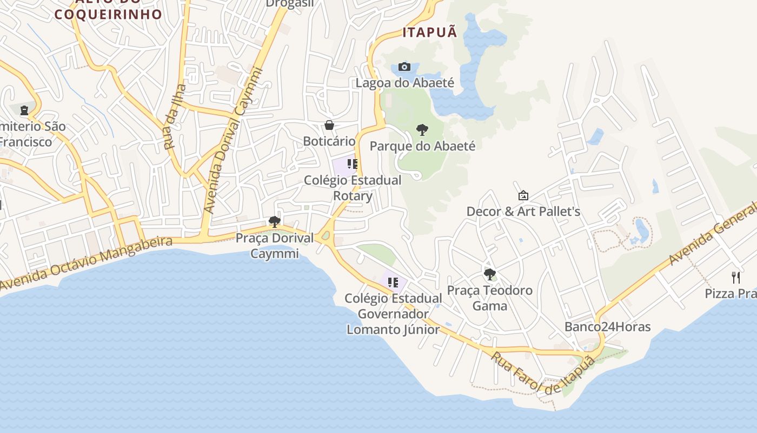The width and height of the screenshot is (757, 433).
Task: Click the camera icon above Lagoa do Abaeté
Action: [404, 67]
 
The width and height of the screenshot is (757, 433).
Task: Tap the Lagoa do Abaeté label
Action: [404, 83]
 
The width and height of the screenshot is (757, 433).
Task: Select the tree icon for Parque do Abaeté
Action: [422, 130]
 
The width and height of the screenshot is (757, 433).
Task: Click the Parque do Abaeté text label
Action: [422, 146]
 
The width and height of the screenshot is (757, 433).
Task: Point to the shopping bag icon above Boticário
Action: [329, 126]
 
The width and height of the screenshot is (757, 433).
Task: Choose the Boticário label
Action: [329, 141]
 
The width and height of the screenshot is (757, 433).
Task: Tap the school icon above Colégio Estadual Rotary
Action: [353, 164]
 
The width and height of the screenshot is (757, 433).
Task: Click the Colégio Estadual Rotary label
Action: [353, 188]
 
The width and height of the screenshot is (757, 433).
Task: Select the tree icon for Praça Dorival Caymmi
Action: [275, 222]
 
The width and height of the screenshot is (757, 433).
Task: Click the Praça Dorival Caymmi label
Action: [275, 245]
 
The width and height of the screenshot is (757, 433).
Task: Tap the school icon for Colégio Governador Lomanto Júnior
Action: [393, 283]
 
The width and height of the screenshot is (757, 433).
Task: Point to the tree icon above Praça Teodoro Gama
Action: [490, 274]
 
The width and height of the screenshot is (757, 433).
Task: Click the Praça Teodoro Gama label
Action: [490, 298]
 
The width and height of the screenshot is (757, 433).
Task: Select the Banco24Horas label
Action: [607, 327]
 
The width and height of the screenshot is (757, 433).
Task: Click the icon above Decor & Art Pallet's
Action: [523, 195]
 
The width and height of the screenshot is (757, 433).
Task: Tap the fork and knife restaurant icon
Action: [735, 278]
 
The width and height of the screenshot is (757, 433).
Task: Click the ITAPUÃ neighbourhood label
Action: [430, 32]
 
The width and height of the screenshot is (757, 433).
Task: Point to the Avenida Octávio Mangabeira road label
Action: [87, 264]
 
